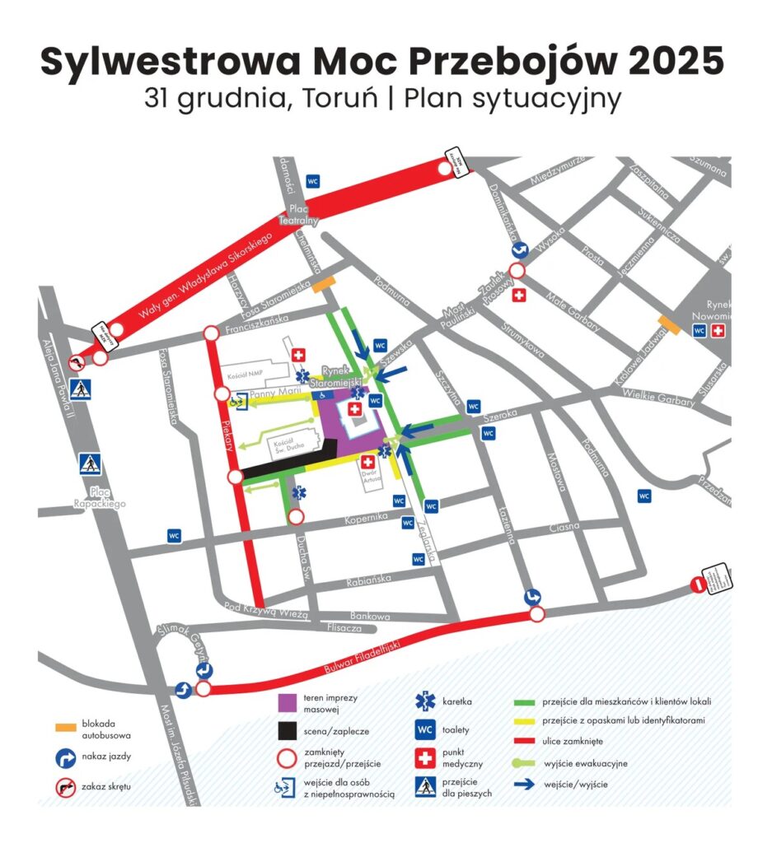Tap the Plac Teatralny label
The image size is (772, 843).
click(x=297, y=215)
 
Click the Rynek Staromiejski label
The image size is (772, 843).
click(x=341, y=378)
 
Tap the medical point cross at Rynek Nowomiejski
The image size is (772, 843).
click(x=718, y=331)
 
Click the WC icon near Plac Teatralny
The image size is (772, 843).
click(x=312, y=180)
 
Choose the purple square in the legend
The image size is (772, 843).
click(x=288, y=703)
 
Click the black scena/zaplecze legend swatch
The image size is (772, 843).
click(x=288, y=730)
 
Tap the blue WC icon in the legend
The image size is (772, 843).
click(x=425, y=730)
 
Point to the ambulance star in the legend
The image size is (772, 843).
click(x=425, y=701)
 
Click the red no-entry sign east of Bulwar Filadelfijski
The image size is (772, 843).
click(x=698, y=585)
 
